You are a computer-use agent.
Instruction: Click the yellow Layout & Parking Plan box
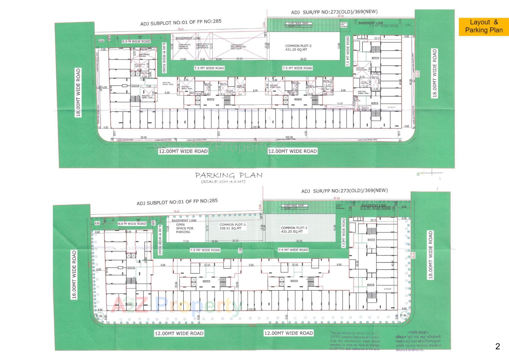pos(484,26)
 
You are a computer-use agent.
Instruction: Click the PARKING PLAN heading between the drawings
pos(229,175)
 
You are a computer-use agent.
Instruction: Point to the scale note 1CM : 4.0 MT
pos(223,182)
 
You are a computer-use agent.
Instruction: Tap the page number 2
pos(497,346)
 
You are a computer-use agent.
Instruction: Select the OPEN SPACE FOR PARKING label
pos(185,228)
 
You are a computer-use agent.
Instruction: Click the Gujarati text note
pos(418,341)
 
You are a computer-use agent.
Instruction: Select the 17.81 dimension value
pos(186,241)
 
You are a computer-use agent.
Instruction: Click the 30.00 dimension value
pos(143,137)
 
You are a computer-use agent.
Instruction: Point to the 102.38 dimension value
pos(289,137)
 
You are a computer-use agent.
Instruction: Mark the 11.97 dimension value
pos(340,104)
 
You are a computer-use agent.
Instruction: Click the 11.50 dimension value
pos(183,59)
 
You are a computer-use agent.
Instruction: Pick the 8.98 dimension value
pos(275,80)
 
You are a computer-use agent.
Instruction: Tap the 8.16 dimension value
pos(186,80)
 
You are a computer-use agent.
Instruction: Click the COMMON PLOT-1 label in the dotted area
pos(232,226)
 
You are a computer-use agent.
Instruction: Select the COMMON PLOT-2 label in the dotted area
pos(294,230)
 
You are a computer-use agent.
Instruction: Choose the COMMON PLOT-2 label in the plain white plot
pos(298,48)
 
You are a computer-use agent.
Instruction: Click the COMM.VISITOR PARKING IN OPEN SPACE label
pos(184,46)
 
